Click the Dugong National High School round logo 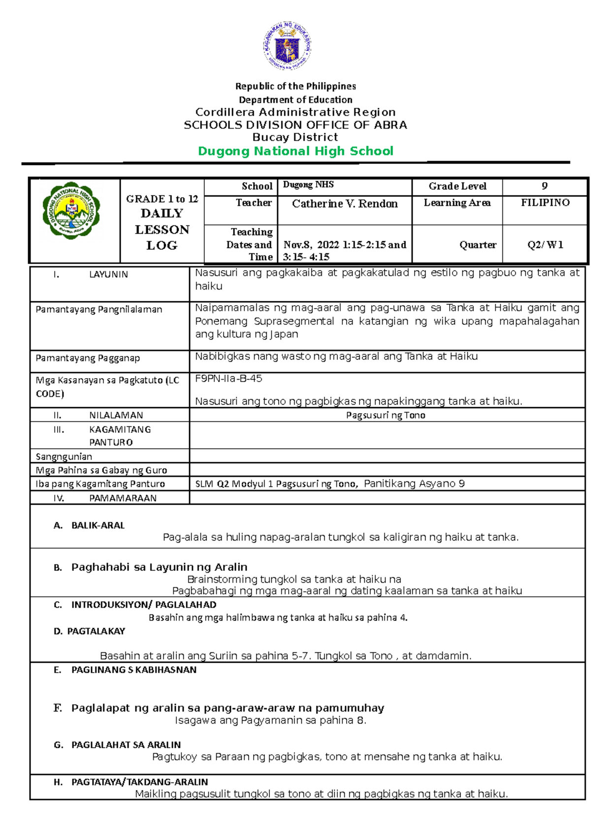[71, 210]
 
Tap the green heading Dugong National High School [295, 151]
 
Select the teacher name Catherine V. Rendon [344, 204]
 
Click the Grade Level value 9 [544, 186]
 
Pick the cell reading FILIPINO [545, 203]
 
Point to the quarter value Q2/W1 [545, 245]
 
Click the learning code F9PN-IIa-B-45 [229, 379]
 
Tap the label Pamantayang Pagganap [88, 358]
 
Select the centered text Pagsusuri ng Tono [386, 415]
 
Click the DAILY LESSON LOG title [162, 229]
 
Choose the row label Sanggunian [64, 456]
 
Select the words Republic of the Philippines [295, 86]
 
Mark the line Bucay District [295, 137]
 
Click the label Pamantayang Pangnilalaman [98, 310]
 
